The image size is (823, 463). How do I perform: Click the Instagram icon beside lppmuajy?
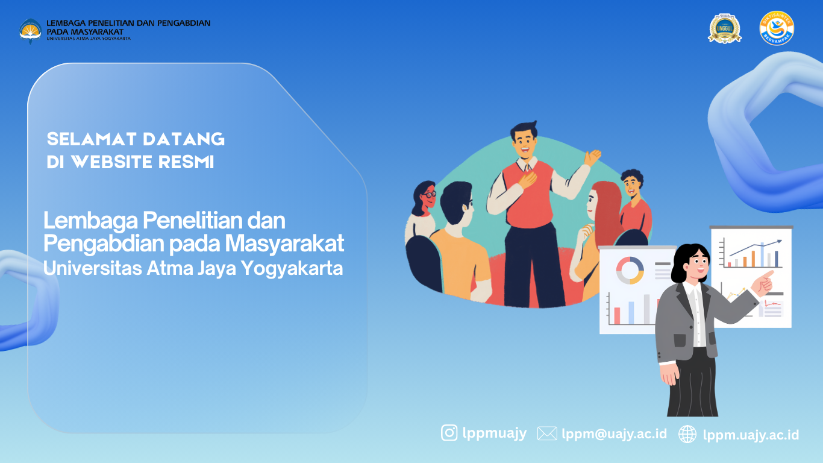449,433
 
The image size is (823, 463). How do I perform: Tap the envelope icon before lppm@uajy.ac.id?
546,433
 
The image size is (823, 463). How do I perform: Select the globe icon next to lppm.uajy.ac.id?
687,434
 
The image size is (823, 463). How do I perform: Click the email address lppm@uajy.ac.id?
614,433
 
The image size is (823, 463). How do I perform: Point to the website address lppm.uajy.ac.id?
751,435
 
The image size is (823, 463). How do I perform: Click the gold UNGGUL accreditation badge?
725,28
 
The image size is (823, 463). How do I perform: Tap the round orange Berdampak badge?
777,28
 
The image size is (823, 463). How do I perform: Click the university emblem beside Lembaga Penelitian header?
31,30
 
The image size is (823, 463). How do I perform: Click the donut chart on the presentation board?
630,269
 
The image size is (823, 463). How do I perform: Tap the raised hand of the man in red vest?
592,157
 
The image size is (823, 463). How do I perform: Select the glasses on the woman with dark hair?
428,195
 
